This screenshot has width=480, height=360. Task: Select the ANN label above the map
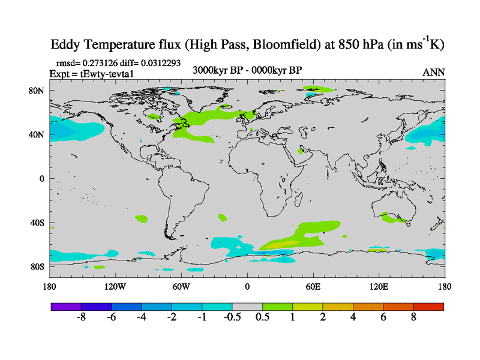434,73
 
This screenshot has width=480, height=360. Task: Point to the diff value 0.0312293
159,62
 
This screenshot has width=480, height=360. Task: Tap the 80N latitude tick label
38,91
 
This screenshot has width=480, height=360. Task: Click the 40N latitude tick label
38,134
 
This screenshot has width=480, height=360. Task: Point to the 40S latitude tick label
38,223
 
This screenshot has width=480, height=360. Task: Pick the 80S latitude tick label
38,266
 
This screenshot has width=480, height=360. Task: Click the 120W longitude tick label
115,286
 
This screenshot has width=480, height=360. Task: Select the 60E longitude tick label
313,286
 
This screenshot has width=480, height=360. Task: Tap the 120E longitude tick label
379,286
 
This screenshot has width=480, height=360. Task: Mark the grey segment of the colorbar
247,307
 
